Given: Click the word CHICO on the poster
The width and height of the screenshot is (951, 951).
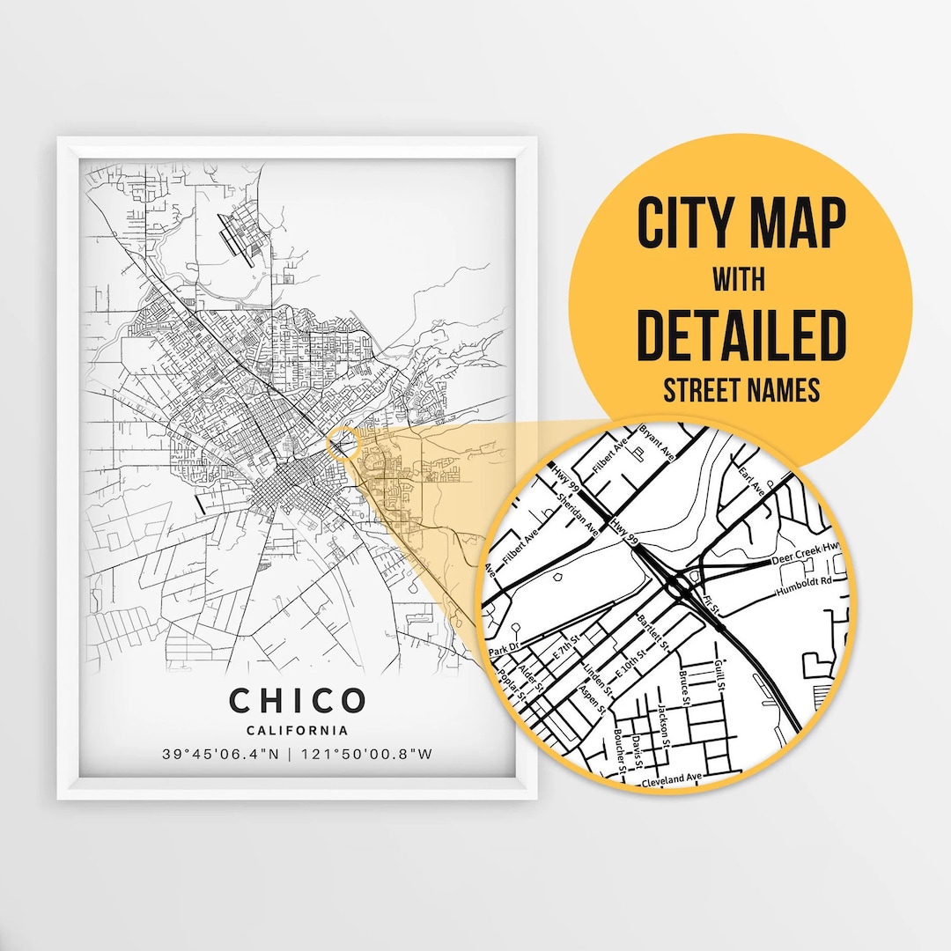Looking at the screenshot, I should pos(297,701).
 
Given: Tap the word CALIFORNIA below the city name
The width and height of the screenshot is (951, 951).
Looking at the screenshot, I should pos(297,730).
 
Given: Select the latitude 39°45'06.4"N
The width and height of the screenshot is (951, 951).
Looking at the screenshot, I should pos(225,755).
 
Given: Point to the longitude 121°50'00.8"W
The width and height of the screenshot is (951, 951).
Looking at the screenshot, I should pos(369,755).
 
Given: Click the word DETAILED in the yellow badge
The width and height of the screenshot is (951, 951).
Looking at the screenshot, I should pos(741,335).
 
